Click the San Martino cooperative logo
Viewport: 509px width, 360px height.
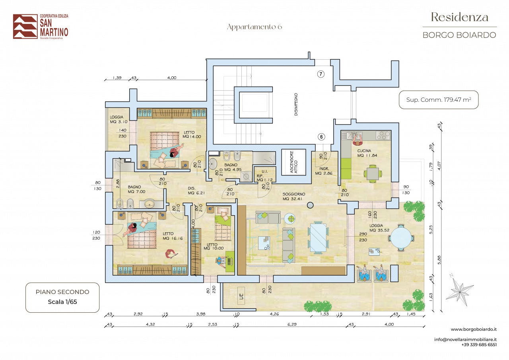pos(41,26)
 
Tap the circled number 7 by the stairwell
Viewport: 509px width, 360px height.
pos(321,74)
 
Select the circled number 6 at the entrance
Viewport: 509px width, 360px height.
pos(321,136)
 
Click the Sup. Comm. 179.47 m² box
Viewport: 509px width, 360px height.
pos(439,100)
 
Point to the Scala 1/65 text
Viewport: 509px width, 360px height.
pos(62,302)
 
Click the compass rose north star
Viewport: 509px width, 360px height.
pos(459,291)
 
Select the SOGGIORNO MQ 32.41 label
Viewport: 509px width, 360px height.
pos(293,197)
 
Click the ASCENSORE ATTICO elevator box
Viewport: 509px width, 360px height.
pos(293,162)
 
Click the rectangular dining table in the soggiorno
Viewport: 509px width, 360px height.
pos(318,237)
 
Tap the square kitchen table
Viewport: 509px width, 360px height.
pos(373,174)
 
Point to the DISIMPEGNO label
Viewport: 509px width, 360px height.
pos(296,104)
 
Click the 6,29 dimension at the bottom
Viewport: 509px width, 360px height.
pos(292,324)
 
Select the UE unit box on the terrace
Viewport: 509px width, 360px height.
pos(241,296)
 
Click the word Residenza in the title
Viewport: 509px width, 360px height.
pos(459,17)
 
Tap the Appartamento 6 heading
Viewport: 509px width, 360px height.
pos(254,27)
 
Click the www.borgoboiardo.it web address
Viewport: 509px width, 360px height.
pos(474,329)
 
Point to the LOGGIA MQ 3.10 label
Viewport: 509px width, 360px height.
pos(119,119)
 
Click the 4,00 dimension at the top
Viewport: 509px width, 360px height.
pos(172,78)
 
